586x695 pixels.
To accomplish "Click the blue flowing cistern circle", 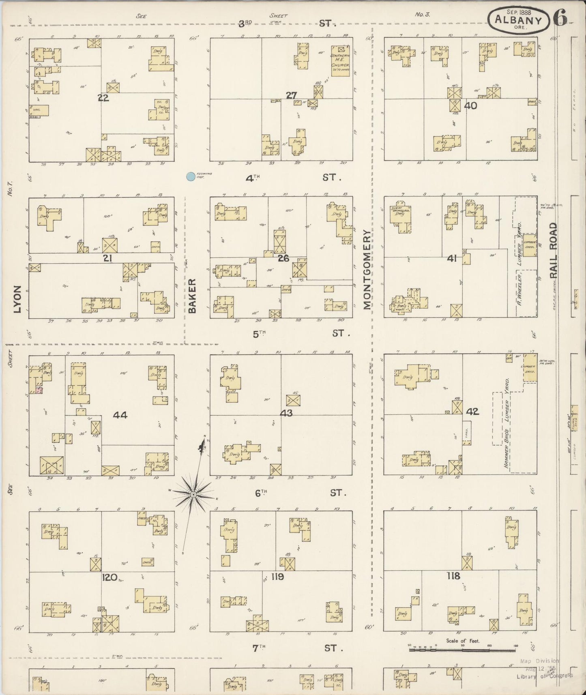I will click(x=190, y=176).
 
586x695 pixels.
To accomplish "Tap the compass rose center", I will click(x=194, y=494).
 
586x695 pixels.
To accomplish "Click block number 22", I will click(x=103, y=97).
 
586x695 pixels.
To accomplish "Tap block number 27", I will click(x=291, y=96).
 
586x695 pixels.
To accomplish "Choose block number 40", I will click(x=471, y=106).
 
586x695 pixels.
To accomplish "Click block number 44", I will click(x=120, y=415).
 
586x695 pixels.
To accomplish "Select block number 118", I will click(x=453, y=576).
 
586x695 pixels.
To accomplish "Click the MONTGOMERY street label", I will click(x=367, y=270).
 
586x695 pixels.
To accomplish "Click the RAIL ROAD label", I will click(x=554, y=250).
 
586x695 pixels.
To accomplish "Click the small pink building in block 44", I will click(x=39, y=390).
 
